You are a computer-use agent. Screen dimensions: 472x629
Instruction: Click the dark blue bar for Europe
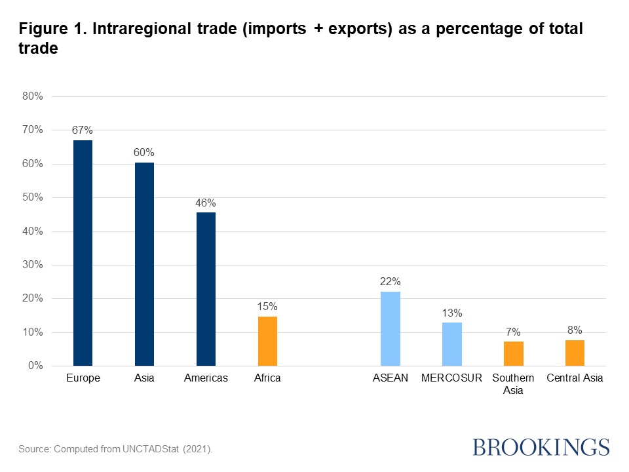(x=83, y=252)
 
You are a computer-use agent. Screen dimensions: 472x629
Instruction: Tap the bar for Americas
(x=206, y=288)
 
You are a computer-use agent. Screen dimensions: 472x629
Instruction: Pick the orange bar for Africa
(x=267, y=341)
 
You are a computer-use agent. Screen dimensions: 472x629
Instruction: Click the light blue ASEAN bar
(x=391, y=328)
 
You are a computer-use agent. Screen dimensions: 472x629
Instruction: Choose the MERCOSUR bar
(x=452, y=344)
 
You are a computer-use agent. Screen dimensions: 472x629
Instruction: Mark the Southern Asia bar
(x=514, y=353)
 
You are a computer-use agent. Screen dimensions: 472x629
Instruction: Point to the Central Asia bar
(x=575, y=353)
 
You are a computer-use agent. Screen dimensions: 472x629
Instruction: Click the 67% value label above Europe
(x=83, y=130)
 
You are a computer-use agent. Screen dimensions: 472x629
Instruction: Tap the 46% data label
(x=206, y=203)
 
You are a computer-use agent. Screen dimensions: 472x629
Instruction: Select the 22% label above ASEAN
(x=391, y=281)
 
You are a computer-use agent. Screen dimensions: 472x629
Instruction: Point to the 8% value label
(x=575, y=330)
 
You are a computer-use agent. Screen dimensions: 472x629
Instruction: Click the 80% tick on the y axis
(x=32, y=96)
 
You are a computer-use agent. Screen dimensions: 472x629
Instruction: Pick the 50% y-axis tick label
(x=32, y=197)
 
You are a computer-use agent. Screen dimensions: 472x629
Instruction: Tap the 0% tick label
(x=35, y=366)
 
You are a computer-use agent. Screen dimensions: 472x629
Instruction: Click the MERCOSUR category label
(x=452, y=378)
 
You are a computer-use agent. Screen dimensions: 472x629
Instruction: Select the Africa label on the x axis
(x=267, y=378)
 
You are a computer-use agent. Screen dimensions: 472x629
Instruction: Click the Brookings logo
(x=541, y=447)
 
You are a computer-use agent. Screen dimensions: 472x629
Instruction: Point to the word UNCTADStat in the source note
(x=152, y=449)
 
